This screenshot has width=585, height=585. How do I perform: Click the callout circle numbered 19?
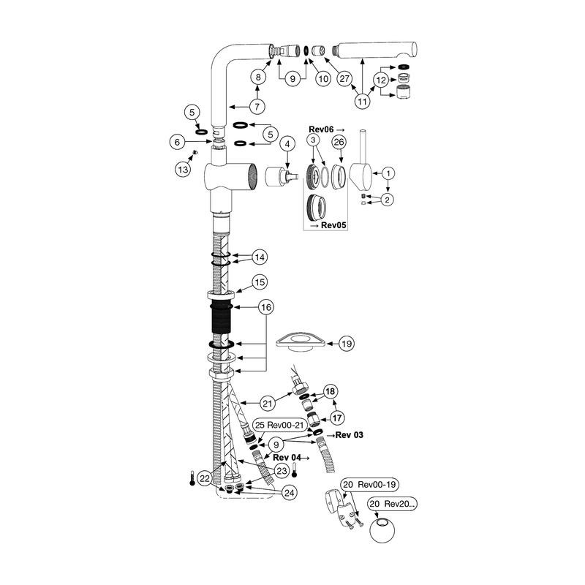click(x=347, y=344)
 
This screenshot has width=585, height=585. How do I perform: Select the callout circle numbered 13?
click(x=183, y=170)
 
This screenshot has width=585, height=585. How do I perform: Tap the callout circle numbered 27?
click(x=344, y=78)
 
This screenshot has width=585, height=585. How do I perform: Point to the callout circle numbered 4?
click(x=287, y=143)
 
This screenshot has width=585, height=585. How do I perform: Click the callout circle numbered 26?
click(x=339, y=142)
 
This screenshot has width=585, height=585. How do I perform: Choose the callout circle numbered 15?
click(x=260, y=282)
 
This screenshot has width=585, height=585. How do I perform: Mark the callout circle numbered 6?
click(x=177, y=142)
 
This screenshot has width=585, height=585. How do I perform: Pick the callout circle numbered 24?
click(x=289, y=493)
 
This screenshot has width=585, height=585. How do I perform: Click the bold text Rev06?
click(x=321, y=129)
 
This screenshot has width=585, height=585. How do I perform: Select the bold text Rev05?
click(x=333, y=225)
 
